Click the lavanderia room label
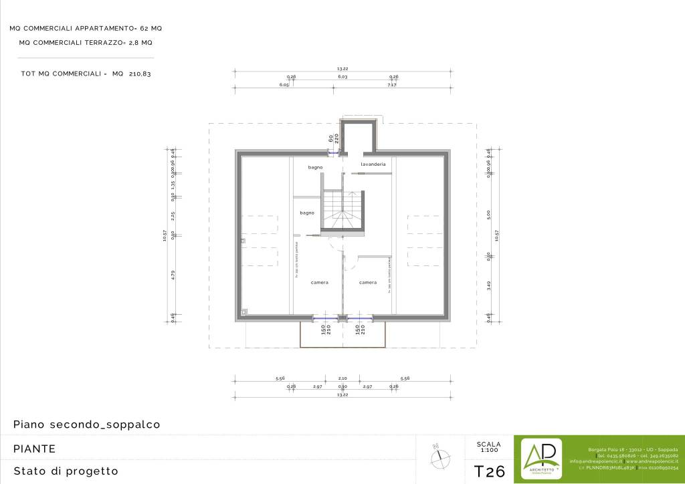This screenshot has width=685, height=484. click(x=373, y=164)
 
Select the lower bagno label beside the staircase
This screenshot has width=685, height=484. click(x=307, y=213)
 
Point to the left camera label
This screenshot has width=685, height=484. click(x=320, y=283)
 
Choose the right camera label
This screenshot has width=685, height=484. click(x=368, y=283)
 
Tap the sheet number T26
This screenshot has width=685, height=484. click(x=489, y=471)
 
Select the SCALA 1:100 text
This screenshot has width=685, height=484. click(x=488, y=447)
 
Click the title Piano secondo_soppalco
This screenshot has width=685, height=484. click(x=86, y=425)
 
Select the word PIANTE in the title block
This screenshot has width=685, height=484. click(x=34, y=449)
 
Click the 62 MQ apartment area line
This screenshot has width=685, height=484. click(x=86, y=29)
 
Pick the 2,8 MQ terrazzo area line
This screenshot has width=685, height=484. click(x=86, y=43)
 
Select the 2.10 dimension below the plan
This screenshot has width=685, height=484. click(x=342, y=378)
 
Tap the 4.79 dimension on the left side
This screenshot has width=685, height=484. click(x=173, y=274)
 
